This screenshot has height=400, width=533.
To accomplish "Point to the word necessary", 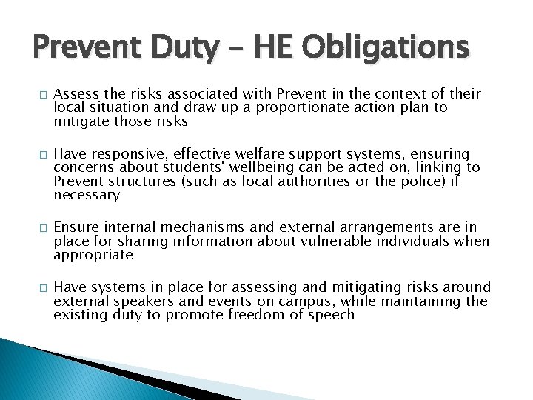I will [87, 196].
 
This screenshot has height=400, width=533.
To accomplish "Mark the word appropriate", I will [93, 255].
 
